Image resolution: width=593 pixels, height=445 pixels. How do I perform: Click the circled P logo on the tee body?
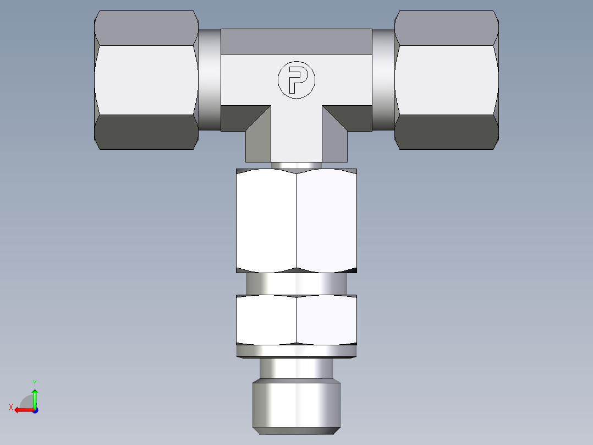296,80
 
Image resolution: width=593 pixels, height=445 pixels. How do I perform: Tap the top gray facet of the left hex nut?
146,28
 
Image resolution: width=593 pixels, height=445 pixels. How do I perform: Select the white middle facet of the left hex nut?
146,80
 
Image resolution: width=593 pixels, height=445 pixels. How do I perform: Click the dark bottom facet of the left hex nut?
146,132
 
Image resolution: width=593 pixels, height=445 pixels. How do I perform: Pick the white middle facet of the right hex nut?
447,80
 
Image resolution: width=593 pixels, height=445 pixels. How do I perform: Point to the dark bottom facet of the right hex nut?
447,132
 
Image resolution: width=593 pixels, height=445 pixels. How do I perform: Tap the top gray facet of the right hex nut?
447,28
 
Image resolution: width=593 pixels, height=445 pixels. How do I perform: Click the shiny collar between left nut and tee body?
209,80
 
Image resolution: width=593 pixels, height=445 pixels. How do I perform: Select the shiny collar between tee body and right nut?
383,80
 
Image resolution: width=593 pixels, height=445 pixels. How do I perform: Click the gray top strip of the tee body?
296,41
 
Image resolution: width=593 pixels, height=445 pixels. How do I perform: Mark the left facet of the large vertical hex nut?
266,220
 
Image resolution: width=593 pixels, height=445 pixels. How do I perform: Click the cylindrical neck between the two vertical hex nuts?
296,284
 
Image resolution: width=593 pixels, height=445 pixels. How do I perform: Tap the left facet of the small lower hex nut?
266,320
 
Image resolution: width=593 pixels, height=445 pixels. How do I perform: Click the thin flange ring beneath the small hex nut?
296,351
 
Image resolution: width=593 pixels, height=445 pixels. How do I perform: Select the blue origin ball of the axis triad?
35,410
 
